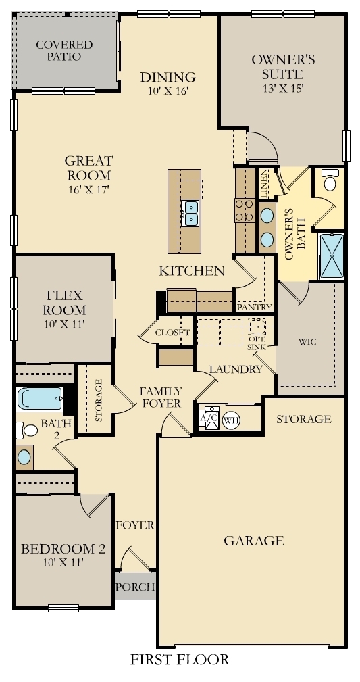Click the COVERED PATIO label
[64, 51]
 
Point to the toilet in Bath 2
[28, 430]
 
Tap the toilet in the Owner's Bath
[330, 181]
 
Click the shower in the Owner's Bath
[331, 255]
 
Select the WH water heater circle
[231, 419]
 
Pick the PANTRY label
[254, 307]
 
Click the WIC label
[307, 341]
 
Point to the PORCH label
[134, 587]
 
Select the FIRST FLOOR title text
[180, 659]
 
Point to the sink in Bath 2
[24, 457]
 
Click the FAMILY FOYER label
[160, 397]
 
